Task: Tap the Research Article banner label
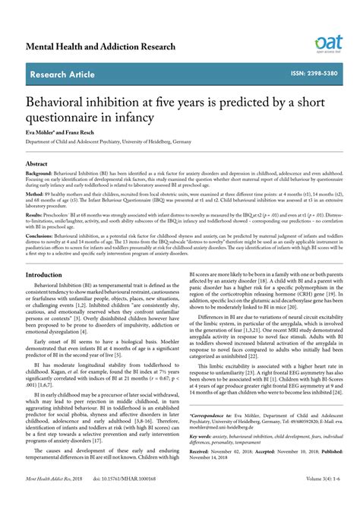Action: coord(62,74)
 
